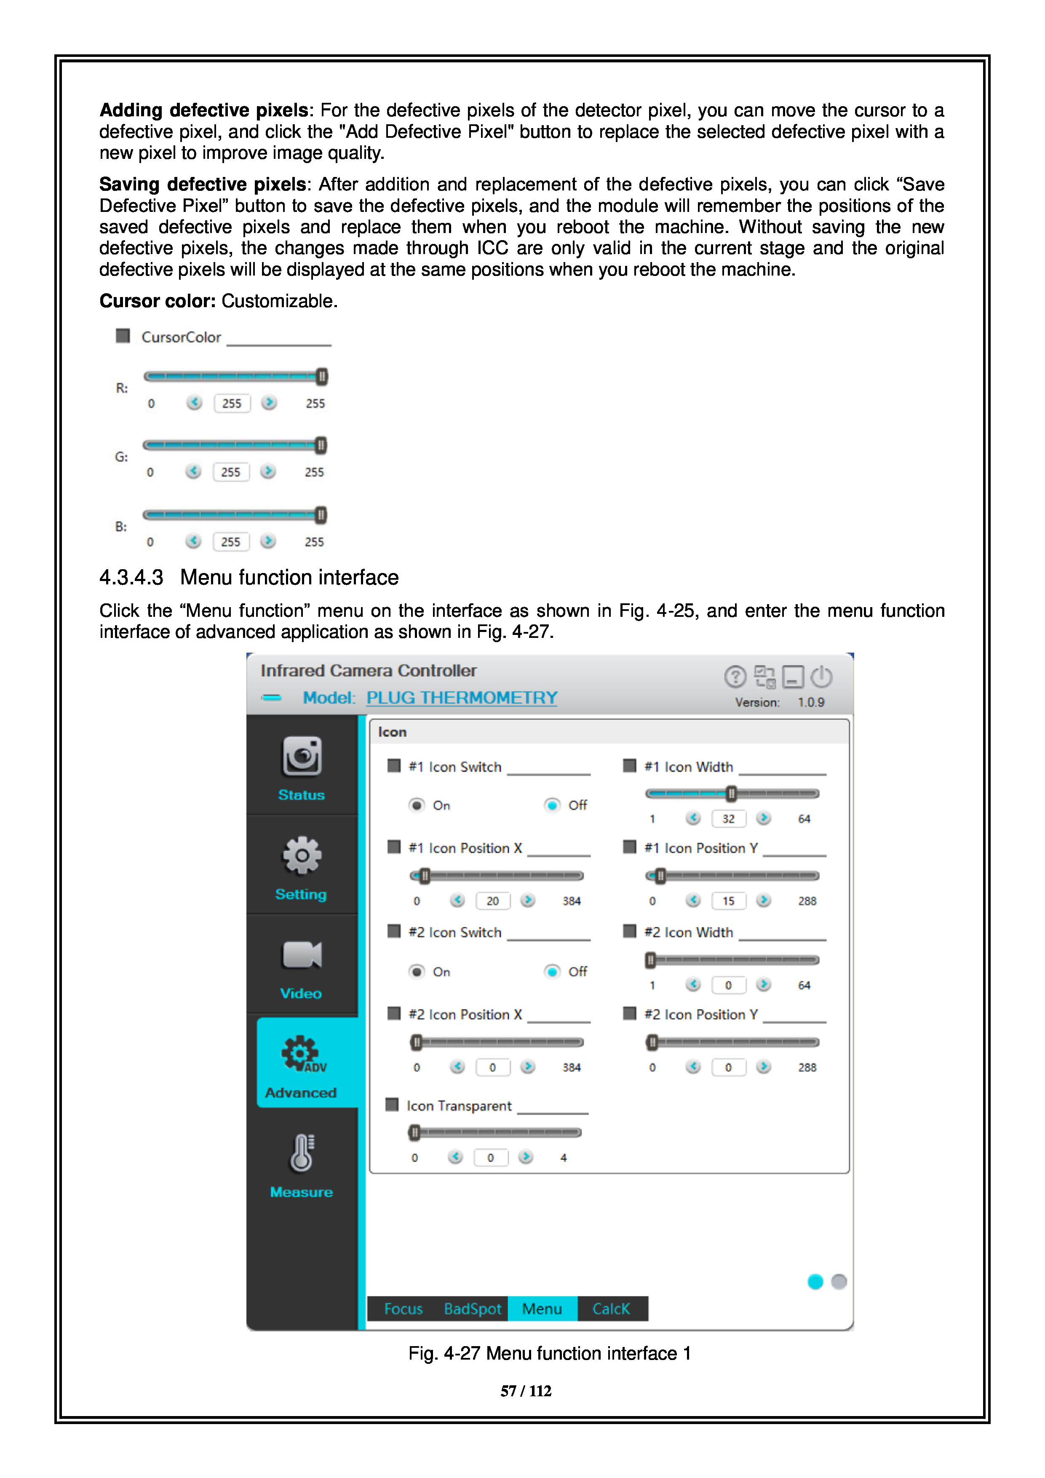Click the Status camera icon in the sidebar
coord(302,756)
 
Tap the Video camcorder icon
coord(302,955)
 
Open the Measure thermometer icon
coord(302,1153)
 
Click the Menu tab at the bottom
coord(542,1309)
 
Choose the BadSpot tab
coord(472,1309)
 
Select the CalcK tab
coord(611,1309)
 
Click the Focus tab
coord(404,1309)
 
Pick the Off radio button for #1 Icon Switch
coord(552,805)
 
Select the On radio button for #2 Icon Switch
coord(417,972)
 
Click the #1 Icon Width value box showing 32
coord(728,819)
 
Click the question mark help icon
coord(735,677)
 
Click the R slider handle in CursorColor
coord(322,377)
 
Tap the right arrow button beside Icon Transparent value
coord(526,1157)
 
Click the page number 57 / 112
coord(526,1391)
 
